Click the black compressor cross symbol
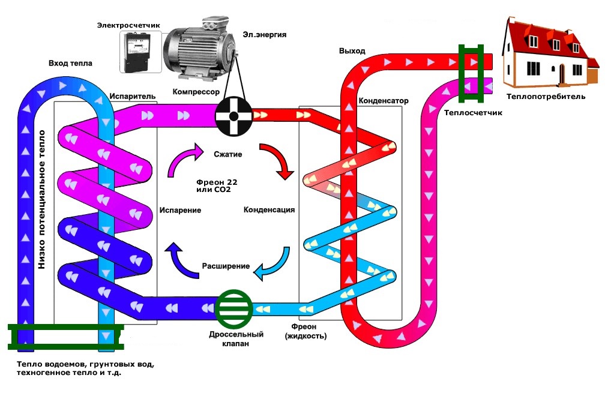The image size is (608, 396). point(233,114)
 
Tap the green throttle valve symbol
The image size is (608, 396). point(233,308)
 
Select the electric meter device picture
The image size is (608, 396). point(139,52)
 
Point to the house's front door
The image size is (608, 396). point(562,73)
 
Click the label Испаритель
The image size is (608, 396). point(133,96)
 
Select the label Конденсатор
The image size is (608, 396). point(383,101)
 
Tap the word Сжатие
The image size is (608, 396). point(227,154)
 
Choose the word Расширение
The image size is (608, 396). point(226,266)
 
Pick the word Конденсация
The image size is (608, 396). point(269,210)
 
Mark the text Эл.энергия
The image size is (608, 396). point(265,34)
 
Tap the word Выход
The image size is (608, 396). point(352,51)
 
